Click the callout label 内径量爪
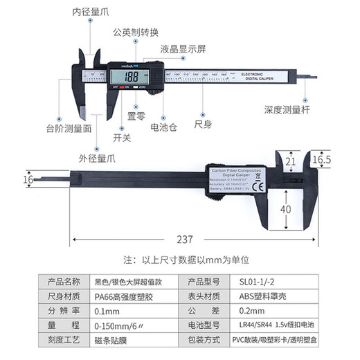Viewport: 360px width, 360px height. pos(91,12)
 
